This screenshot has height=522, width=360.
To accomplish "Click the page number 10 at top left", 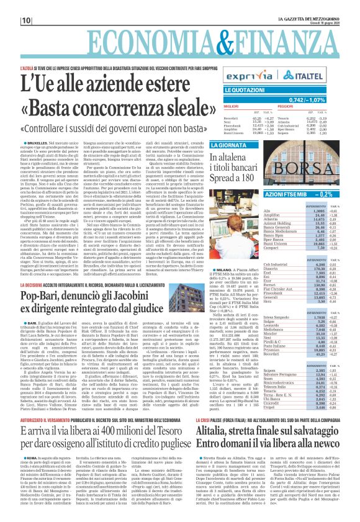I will [x=10, y=20].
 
